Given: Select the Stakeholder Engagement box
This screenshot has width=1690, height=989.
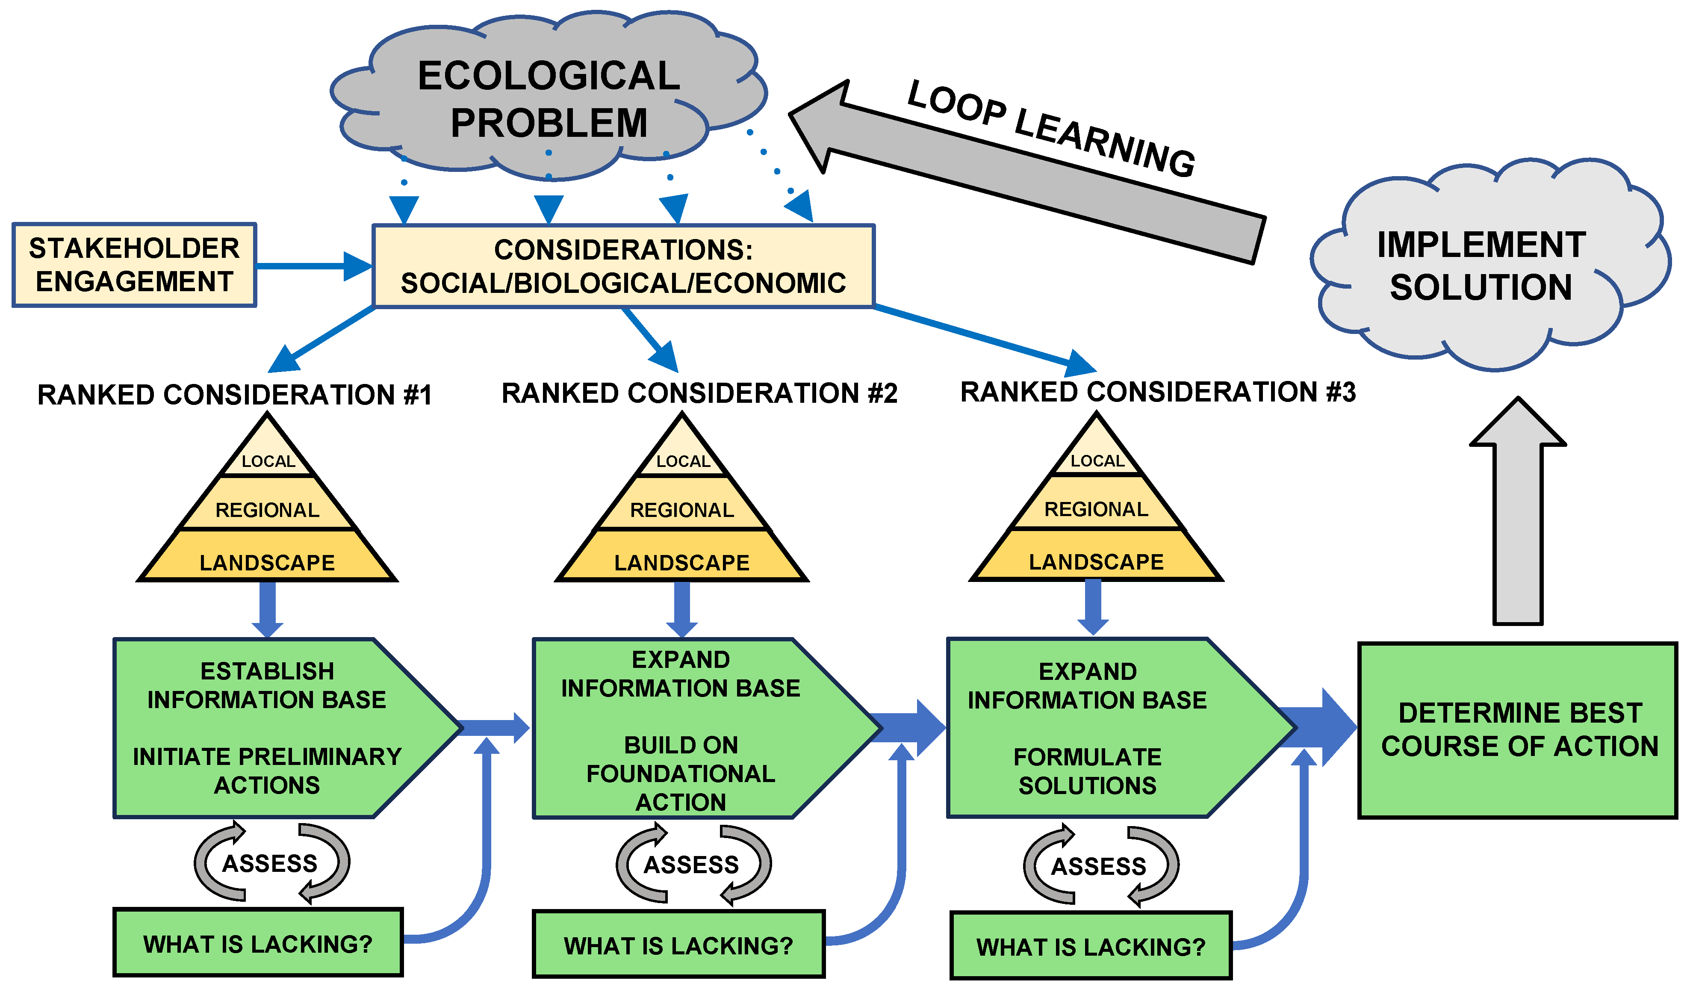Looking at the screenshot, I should click(134, 265).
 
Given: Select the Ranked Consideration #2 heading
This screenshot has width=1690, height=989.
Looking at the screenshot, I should click(699, 393).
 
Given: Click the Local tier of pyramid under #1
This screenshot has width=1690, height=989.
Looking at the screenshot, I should click(268, 459).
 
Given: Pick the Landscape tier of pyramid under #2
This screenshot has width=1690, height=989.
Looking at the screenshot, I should click(681, 562).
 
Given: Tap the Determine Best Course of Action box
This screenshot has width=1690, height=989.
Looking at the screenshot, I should click(1518, 730).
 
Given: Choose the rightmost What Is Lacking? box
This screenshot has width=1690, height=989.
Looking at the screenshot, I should click(1091, 946).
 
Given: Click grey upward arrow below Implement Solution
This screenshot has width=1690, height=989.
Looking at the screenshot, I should click(1518, 523).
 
